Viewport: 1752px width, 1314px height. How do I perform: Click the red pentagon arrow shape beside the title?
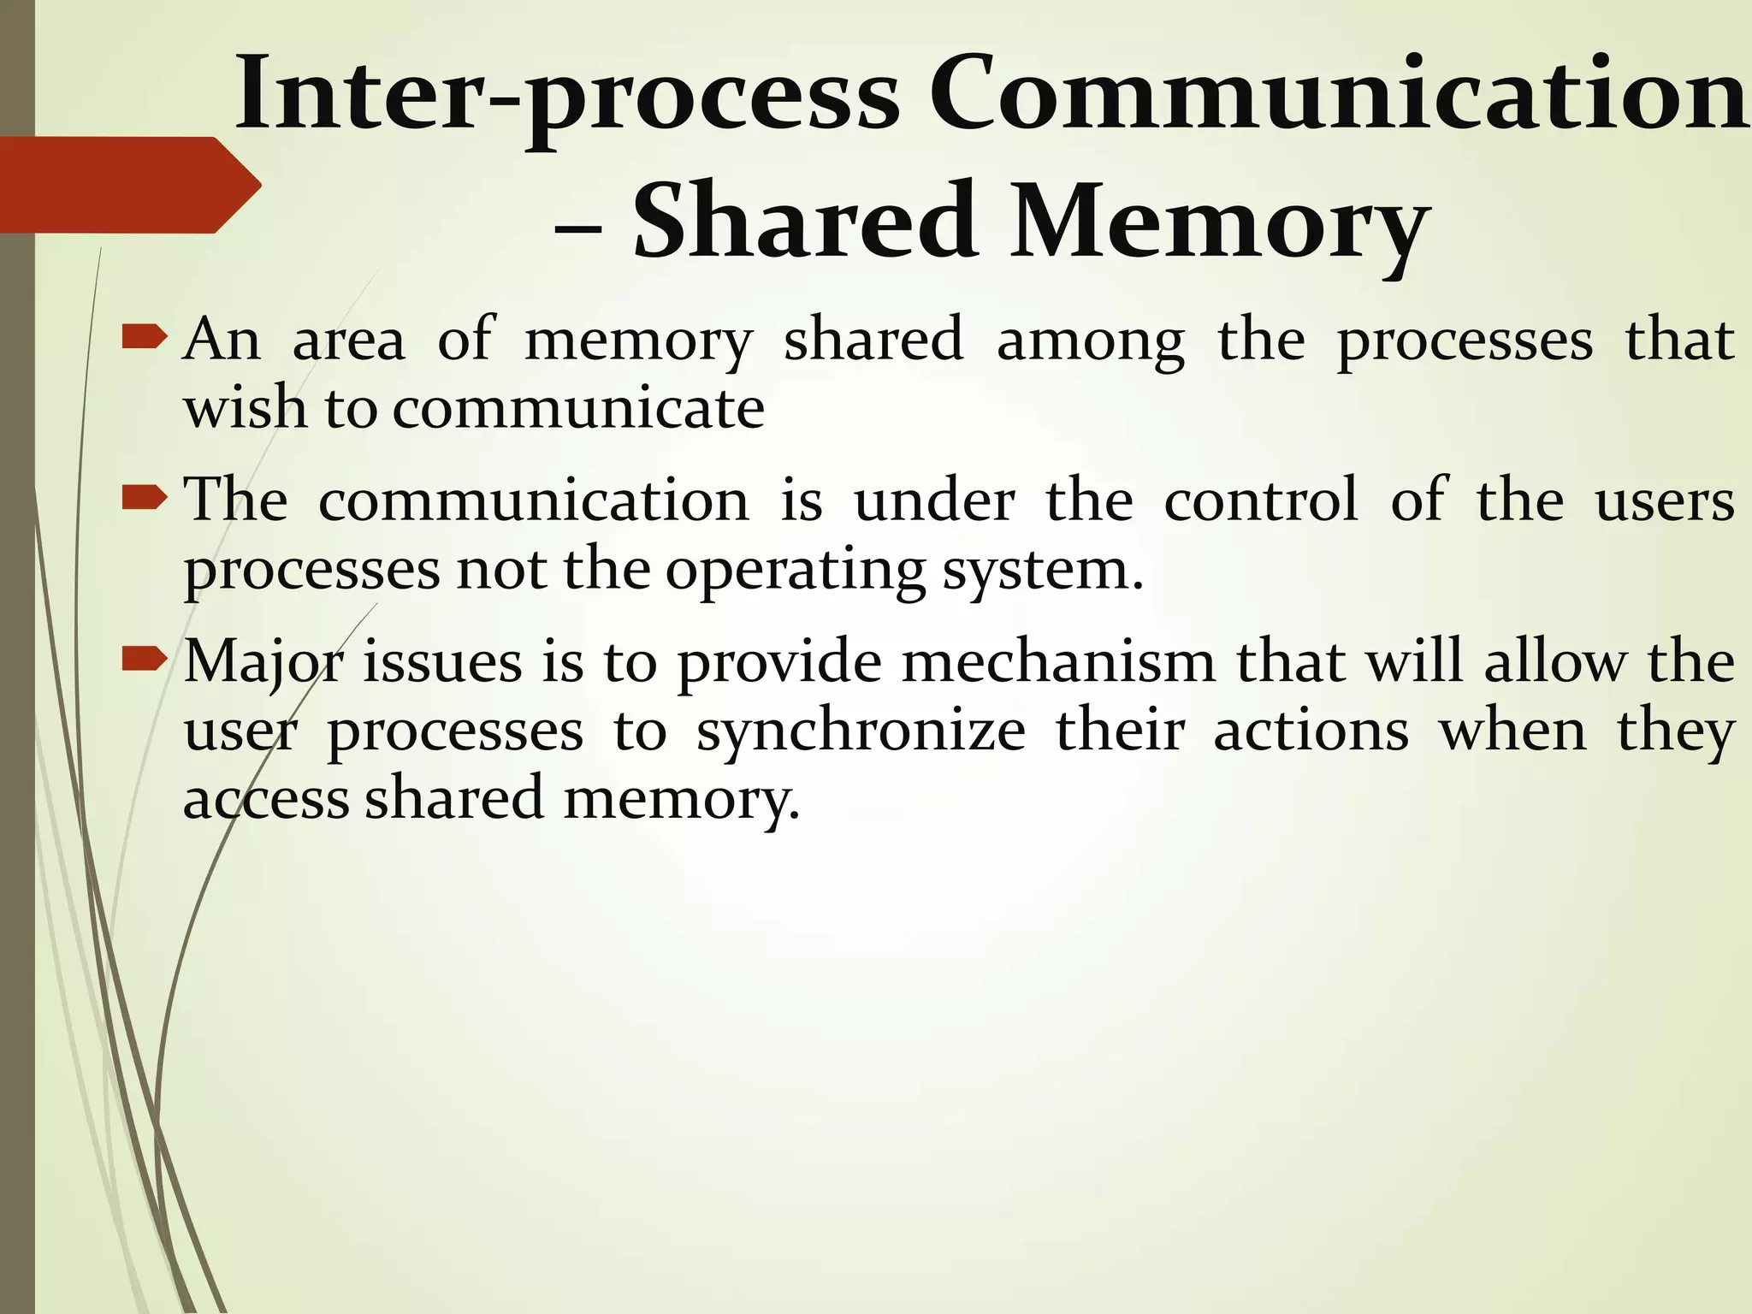(128, 184)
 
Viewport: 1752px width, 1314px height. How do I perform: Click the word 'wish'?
(245, 408)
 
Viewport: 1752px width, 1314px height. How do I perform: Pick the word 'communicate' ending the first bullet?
(578, 409)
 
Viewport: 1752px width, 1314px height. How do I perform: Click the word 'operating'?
(796, 571)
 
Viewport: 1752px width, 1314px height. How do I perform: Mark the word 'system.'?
(1043, 571)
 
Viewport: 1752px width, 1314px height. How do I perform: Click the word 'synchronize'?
(861, 733)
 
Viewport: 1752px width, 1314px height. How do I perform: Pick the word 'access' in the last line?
(266, 799)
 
